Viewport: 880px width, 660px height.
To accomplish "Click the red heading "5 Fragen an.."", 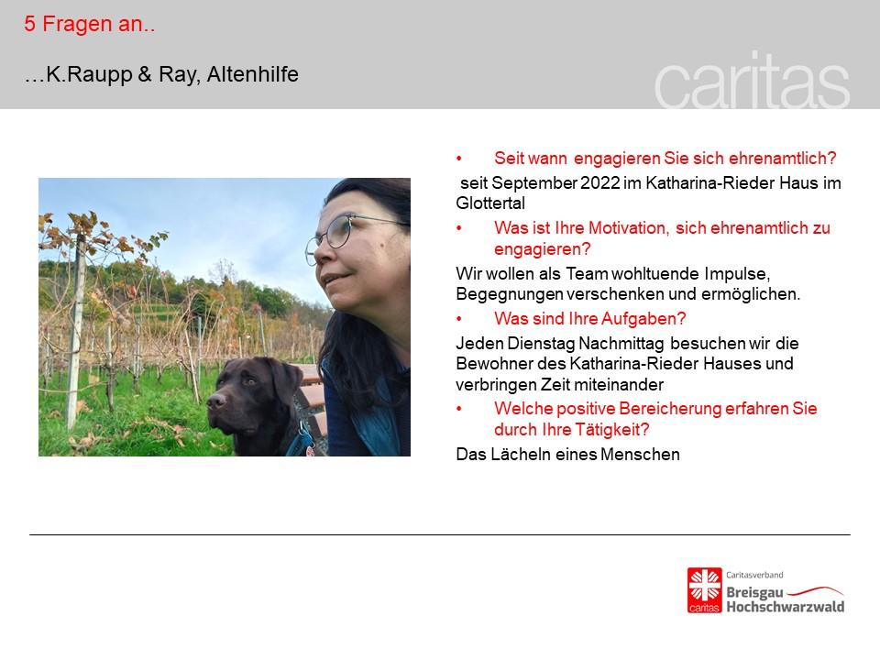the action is click(89, 24).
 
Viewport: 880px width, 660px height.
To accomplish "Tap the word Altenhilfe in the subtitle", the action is click(253, 74).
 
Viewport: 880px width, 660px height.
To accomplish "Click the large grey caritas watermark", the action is click(752, 81).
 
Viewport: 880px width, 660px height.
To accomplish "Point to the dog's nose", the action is click(216, 401).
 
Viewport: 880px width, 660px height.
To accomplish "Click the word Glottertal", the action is click(489, 203).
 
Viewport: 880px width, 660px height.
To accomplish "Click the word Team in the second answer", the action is click(587, 274).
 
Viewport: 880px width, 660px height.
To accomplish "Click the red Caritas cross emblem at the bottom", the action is click(704, 590).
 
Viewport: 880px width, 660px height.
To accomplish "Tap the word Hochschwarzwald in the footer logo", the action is click(786, 607).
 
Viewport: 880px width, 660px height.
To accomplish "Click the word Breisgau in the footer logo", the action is click(754, 593).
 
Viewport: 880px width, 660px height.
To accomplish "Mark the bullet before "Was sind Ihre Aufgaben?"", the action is click(459, 319).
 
